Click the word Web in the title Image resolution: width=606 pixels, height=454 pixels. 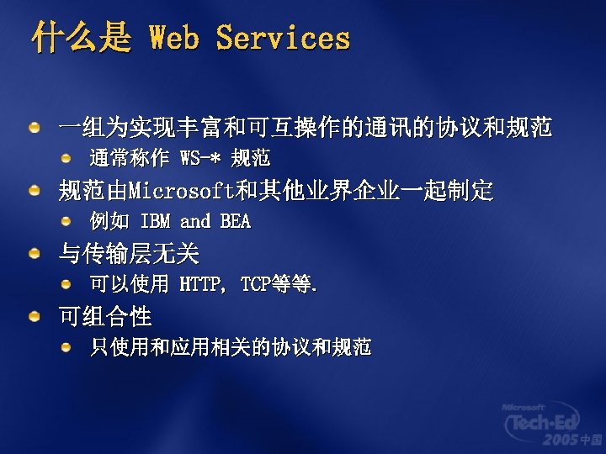[x=173, y=38]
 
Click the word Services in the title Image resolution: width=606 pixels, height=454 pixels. [x=283, y=38]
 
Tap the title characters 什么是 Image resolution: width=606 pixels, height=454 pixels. [x=82, y=38]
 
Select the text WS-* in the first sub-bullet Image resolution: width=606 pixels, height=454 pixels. [x=201, y=158]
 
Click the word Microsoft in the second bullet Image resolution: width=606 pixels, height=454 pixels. [x=182, y=191]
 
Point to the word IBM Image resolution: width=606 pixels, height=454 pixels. [x=155, y=222]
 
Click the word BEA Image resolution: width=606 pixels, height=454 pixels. [x=236, y=222]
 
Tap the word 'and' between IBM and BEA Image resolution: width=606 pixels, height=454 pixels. [x=195, y=222]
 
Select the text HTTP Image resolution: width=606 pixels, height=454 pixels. [x=202, y=285]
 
